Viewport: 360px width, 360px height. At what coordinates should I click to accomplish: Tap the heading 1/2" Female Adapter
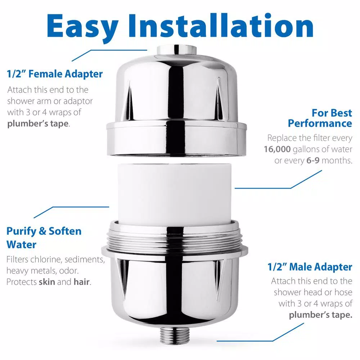click(x=55, y=74)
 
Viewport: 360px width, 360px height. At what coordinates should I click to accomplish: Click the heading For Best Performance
click(x=320, y=118)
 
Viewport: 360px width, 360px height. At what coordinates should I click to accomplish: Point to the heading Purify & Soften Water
click(x=44, y=238)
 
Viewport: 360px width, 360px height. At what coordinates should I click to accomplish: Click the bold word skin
click(x=47, y=282)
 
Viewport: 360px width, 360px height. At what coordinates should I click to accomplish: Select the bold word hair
click(x=81, y=282)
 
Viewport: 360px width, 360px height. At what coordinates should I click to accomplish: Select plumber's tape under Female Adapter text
click(x=37, y=123)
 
